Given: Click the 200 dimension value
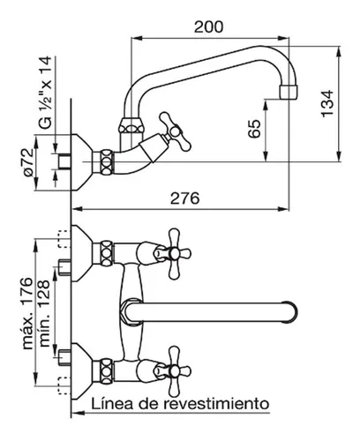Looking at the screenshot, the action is tap(208, 27).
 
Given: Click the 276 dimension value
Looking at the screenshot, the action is tap(185, 198).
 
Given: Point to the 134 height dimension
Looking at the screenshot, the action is tap(327, 103).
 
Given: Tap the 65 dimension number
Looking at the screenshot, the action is tap(254, 129).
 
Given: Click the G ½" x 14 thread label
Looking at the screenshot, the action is tap(46, 93).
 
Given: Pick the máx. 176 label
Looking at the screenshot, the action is tap(28, 313).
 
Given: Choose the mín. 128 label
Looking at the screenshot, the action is tap(44, 313).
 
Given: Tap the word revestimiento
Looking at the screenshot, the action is tap(216, 404).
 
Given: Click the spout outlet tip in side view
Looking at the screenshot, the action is tap(288, 92).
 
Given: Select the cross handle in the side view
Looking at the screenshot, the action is tap(175, 131).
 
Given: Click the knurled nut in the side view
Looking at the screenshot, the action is tap(107, 162).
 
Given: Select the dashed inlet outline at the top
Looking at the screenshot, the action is tap(64, 239).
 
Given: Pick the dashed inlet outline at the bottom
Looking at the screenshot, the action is tap(64, 385).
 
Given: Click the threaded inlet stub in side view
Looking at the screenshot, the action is tap(64, 162).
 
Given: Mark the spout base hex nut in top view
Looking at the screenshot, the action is tap(131, 312).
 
